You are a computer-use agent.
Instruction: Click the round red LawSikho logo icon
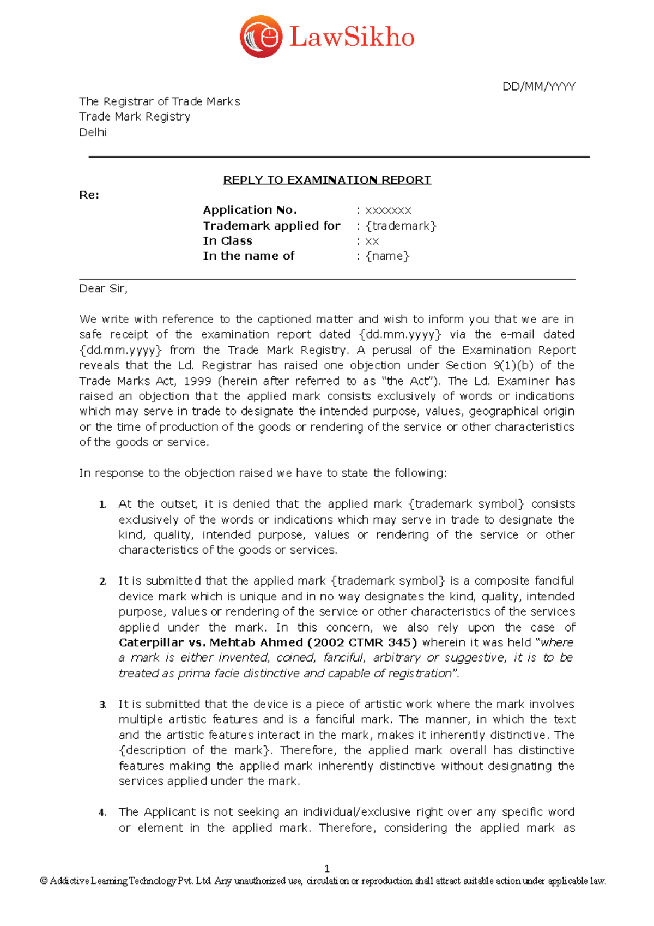pyautogui.click(x=261, y=37)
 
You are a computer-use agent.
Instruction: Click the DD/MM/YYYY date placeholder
pyautogui.click(x=538, y=86)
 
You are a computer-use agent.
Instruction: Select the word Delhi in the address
pyautogui.click(x=93, y=132)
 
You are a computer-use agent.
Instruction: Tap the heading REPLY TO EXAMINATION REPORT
pyautogui.click(x=327, y=179)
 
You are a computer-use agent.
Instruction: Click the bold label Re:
pyautogui.click(x=89, y=195)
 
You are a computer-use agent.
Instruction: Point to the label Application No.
pyautogui.click(x=250, y=210)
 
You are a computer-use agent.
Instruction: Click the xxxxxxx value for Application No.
pyautogui.click(x=387, y=211)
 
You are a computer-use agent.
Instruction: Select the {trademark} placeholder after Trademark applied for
pyautogui.click(x=401, y=226)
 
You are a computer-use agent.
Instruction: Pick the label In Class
pyautogui.click(x=227, y=241)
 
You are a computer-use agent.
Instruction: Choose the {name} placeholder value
pyautogui.click(x=387, y=256)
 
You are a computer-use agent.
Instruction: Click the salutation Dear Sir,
pyautogui.click(x=103, y=288)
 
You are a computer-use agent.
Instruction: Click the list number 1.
pyautogui.click(x=102, y=504)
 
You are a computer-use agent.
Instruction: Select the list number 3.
pyautogui.click(x=102, y=705)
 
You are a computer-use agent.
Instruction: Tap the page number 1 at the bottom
pyautogui.click(x=327, y=869)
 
